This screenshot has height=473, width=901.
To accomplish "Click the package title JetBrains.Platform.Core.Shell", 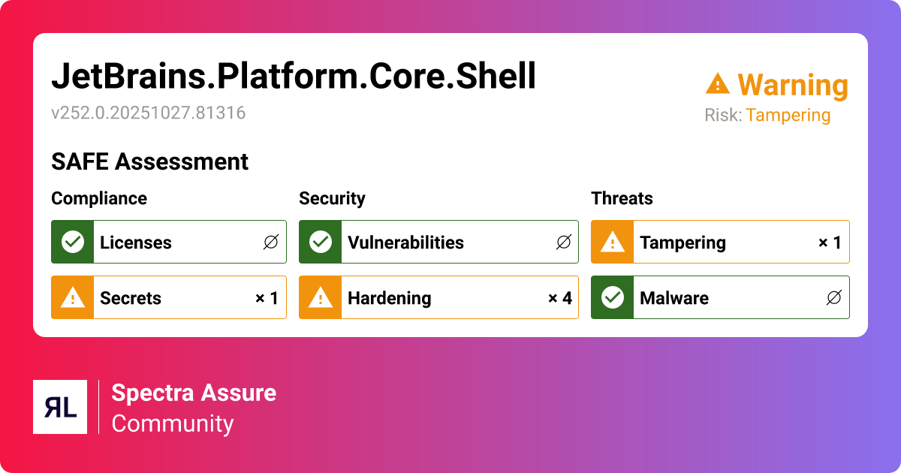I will [294, 77].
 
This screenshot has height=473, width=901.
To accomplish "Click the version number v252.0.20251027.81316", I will [148, 113].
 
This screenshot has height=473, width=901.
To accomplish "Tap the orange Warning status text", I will [792, 85].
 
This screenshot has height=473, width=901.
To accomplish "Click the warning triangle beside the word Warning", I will [717, 84].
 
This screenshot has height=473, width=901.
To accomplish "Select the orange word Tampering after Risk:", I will [788, 116].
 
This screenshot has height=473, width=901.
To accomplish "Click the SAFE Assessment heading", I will [149, 161].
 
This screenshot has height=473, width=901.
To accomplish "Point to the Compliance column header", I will [98, 198].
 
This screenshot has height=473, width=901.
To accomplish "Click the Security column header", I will [332, 198].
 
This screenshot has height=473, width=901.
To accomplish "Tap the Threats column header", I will [622, 198].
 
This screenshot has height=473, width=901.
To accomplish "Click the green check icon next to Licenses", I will [72, 242].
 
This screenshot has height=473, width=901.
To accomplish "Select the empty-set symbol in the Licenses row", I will [270, 243].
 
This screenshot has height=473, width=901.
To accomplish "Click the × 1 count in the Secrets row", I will [267, 298].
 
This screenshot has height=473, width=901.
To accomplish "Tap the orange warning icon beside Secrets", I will [72, 298].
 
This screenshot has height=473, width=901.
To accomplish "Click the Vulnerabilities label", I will [405, 243].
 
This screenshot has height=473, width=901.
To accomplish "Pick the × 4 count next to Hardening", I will [559, 298].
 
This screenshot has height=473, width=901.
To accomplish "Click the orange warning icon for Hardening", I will [320, 298].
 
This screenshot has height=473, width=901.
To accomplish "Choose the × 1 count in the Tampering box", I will [829, 243].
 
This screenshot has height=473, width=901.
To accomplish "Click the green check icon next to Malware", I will [612, 298].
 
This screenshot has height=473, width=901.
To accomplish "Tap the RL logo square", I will [60, 407].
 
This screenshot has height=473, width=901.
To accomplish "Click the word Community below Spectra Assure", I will [173, 423].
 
